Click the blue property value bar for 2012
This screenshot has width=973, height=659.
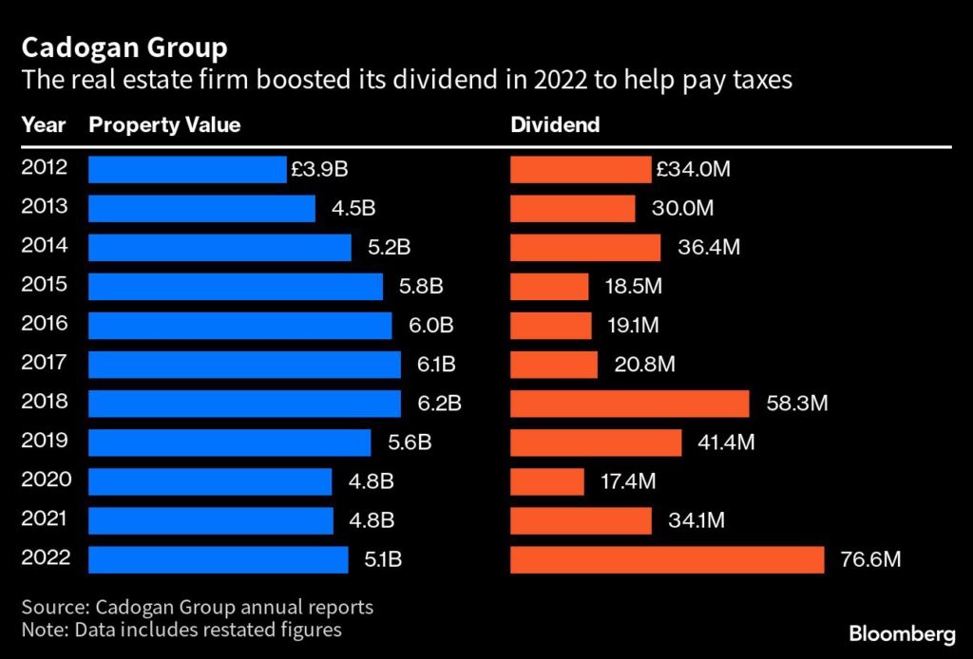pos(187,169)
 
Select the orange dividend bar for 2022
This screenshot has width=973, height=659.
pos(667,559)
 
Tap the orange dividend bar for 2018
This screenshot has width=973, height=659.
pos(630,404)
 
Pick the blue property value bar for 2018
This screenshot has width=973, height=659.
pos(244,404)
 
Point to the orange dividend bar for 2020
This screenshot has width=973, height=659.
pos(547,481)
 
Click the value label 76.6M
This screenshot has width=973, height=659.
pos(869,559)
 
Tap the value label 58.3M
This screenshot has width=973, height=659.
pos(797,404)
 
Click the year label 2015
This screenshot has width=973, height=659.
pos(45,285)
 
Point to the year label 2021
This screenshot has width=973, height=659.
pos(45,518)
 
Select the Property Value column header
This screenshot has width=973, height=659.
pos(164,125)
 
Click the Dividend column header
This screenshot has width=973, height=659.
pos(555,125)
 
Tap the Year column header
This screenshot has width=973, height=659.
pos(44,125)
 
